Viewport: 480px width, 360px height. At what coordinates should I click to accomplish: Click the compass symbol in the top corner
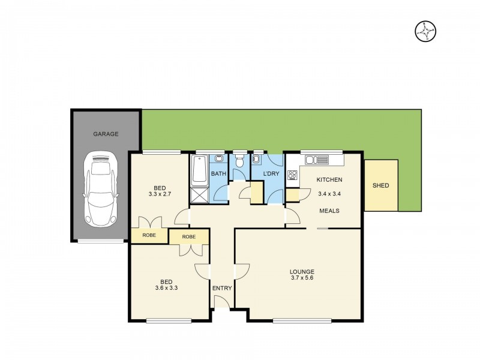(x=425, y=31)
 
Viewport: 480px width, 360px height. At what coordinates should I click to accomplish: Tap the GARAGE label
(x=106, y=134)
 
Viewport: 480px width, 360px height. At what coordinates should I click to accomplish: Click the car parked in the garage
(x=100, y=188)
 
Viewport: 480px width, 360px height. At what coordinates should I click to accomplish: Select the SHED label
(x=381, y=185)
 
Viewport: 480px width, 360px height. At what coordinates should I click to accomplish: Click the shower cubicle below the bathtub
(x=199, y=194)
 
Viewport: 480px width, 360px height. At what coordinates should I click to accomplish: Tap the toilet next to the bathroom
(x=240, y=161)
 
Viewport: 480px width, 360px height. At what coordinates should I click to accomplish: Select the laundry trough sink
(x=257, y=160)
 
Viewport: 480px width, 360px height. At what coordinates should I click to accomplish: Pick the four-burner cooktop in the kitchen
(x=293, y=175)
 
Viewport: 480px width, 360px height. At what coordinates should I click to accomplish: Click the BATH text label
(x=218, y=174)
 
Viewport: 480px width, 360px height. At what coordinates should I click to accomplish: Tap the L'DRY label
(x=270, y=174)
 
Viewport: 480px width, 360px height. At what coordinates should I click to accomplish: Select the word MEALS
(x=329, y=211)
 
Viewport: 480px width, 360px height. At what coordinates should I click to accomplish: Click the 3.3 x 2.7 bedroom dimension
(x=160, y=194)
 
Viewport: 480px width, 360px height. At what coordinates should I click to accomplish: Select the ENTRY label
(x=222, y=289)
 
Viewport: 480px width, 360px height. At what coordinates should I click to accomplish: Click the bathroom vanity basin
(x=219, y=160)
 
